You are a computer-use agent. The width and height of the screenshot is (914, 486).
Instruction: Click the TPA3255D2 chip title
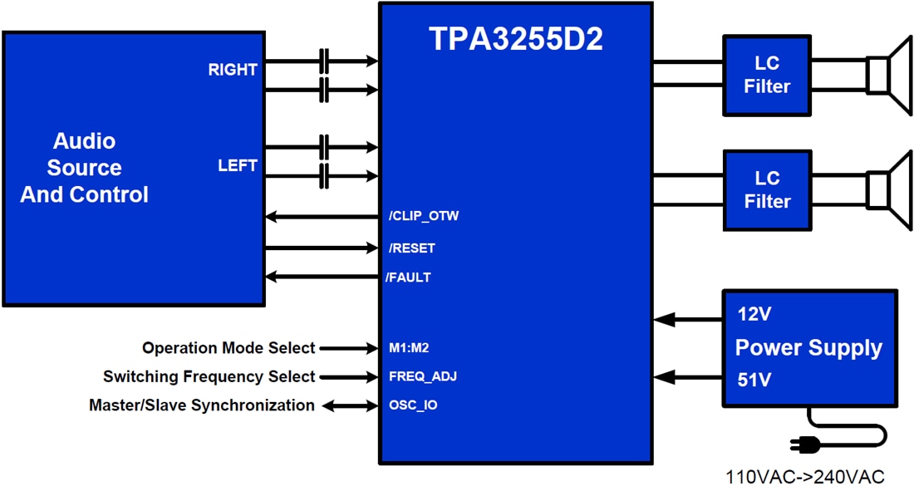click(515, 39)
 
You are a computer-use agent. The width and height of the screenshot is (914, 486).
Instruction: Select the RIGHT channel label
click(233, 71)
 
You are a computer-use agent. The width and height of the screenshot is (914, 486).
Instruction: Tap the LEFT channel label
click(238, 165)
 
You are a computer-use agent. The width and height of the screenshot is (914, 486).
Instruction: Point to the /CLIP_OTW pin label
click(424, 217)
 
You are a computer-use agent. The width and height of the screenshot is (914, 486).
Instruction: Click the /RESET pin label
click(412, 248)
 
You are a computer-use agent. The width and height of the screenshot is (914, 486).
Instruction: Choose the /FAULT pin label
click(409, 277)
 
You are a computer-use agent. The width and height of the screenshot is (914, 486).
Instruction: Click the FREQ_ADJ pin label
click(423, 376)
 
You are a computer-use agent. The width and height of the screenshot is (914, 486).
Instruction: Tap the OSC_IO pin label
click(413, 405)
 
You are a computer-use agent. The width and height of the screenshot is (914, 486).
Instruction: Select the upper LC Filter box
click(766, 75)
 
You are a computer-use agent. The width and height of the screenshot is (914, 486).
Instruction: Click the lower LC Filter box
click(766, 189)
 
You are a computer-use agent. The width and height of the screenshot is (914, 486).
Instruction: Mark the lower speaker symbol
click(888, 189)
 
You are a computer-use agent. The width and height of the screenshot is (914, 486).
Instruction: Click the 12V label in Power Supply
click(754, 315)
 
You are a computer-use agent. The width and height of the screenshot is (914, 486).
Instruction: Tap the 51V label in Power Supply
click(754, 380)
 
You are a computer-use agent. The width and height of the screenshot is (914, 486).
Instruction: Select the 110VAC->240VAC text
click(805, 477)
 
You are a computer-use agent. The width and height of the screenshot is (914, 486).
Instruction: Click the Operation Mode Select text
click(228, 348)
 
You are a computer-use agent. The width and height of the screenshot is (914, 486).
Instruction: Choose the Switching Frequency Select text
click(209, 376)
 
